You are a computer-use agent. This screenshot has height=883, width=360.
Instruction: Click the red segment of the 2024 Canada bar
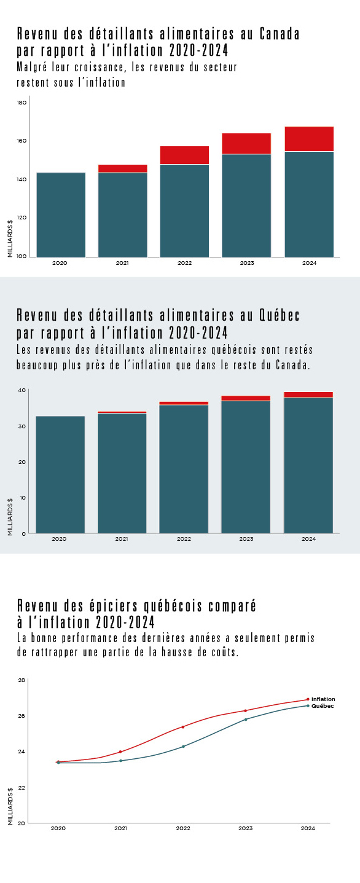pyautogui.click(x=309, y=139)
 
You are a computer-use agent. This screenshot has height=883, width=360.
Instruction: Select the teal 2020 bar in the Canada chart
pyautogui.click(x=61, y=215)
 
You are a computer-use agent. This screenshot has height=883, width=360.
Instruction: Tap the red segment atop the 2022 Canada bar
pyautogui.click(x=184, y=155)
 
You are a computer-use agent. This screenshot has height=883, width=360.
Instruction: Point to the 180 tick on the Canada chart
pyautogui.click(x=22, y=103)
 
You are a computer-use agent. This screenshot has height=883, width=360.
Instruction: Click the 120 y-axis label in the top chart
pyautogui.click(x=22, y=218)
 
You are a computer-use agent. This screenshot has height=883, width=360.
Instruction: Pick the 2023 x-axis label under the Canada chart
pyautogui.click(x=247, y=263)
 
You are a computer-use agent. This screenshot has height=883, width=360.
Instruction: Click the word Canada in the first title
pyautogui.click(x=280, y=34)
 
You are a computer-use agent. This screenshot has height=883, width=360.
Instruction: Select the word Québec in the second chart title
pyautogui.click(x=280, y=315)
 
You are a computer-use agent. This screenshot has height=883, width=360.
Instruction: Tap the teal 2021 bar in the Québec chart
pyautogui.click(x=122, y=473)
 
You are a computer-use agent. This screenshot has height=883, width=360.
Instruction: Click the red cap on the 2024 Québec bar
pyautogui.click(x=308, y=394)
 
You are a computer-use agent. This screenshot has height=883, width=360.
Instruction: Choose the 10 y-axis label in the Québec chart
pyautogui.click(x=23, y=498)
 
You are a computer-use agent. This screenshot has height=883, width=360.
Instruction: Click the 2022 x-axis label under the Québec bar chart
pyautogui.click(x=184, y=538)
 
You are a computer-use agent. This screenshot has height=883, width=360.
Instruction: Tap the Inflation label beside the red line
pyautogui.click(x=323, y=699)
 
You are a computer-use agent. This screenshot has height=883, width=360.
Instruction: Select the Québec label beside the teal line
pyautogui.click(x=323, y=705)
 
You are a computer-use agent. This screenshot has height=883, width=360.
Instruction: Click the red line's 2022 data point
pyautogui.click(x=183, y=726)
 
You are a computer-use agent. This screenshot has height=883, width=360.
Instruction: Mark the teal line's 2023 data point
pyautogui.click(x=246, y=720)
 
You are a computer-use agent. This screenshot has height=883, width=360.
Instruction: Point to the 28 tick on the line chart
pyautogui.click(x=22, y=680)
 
